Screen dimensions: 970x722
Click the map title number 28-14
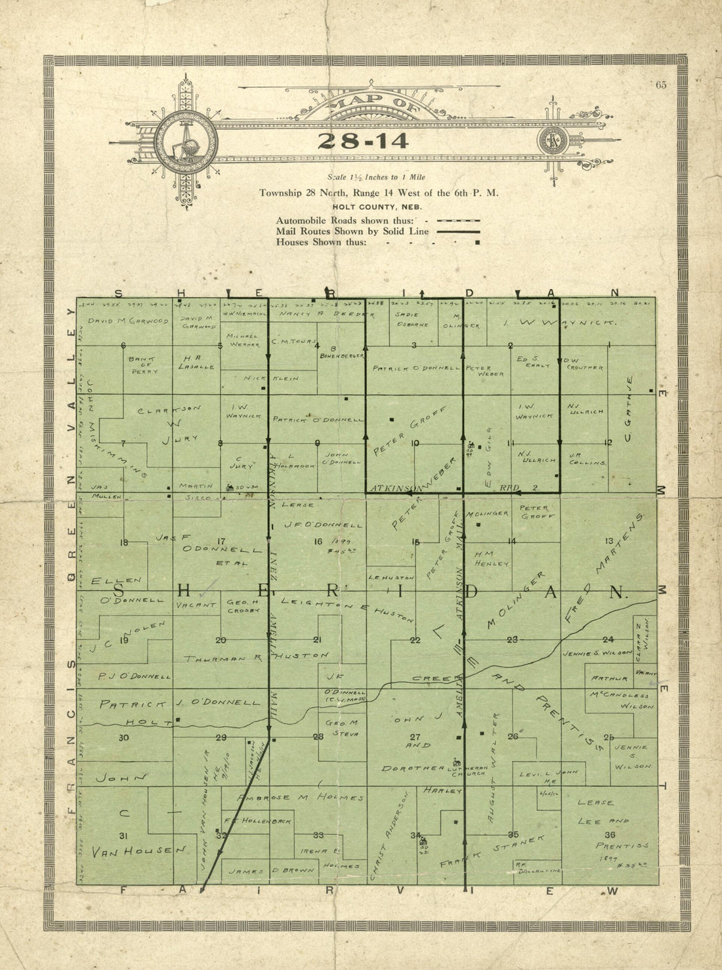[x=363, y=141]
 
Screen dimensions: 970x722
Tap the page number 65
[x=660, y=84]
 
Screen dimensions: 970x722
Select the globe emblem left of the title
[x=186, y=142]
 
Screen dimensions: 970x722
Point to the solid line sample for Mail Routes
[x=457, y=232]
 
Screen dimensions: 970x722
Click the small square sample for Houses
[x=477, y=243]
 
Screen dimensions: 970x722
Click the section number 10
[x=415, y=443]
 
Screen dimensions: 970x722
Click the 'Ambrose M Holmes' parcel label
[x=300, y=798]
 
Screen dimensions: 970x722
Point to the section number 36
[x=610, y=835]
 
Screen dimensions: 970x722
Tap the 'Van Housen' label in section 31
[x=139, y=851]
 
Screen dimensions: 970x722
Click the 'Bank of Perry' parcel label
[x=143, y=365]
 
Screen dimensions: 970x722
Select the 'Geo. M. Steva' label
[x=341, y=728]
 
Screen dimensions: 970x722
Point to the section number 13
[x=609, y=540]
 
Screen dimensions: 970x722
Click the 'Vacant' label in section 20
[x=196, y=605]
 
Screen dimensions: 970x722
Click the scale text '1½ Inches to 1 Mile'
[x=388, y=177]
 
